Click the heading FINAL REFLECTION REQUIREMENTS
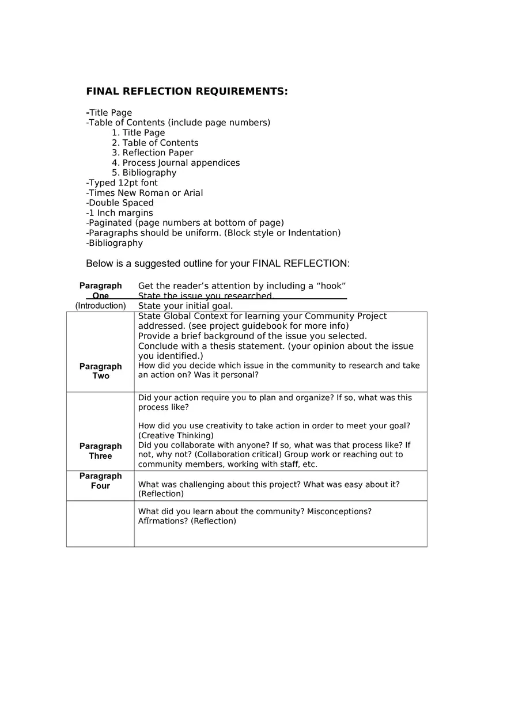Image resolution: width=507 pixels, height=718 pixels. point(187,92)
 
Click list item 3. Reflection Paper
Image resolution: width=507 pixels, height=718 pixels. point(153,153)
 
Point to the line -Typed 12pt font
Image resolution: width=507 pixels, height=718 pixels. point(122,183)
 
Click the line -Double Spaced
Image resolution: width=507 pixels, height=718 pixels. point(120,203)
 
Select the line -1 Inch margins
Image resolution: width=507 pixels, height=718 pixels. point(119,213)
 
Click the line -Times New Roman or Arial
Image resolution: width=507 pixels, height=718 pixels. point(145,193)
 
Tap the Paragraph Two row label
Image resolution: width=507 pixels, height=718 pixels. point(101,371)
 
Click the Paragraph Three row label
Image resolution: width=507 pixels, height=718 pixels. point(101,451)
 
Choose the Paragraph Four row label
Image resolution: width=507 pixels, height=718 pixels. point(101,481)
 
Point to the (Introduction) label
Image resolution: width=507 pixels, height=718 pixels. point(101,306)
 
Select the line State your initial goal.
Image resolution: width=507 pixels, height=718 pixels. point(186,306)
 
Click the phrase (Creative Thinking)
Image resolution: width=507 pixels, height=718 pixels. point(176,436)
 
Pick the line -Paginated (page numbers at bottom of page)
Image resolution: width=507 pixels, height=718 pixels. point(185,223)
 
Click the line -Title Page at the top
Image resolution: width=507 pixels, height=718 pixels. point(109,113)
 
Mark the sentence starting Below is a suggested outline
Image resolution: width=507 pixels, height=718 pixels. point(218,264)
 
